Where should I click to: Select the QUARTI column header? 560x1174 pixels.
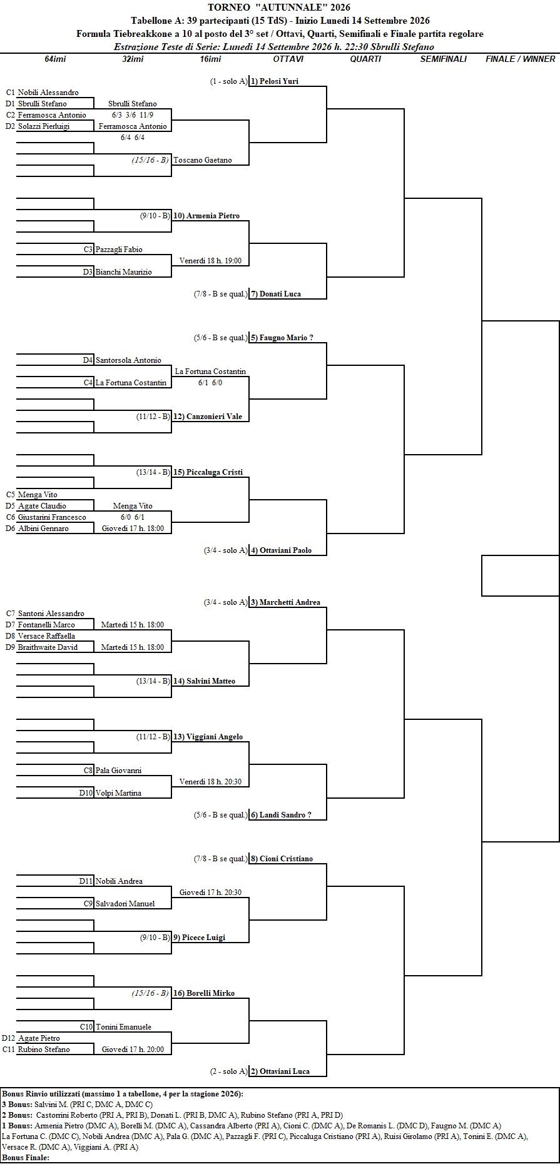(365, 59)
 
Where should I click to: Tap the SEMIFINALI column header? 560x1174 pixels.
(443, 59)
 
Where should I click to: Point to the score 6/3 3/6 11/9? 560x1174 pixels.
(132, 115)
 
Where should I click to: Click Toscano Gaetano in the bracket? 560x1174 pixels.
(202, 160)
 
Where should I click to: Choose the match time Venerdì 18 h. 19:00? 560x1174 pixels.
(210, 261)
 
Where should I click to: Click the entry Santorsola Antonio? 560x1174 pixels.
(128, 360)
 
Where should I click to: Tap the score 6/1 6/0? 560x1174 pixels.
(210, 383)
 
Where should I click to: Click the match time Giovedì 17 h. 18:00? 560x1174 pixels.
(133, 529)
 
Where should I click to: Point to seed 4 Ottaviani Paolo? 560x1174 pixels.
(281, 550)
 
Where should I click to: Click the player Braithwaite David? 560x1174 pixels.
(48, 647)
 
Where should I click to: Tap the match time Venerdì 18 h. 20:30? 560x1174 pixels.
(210, 782)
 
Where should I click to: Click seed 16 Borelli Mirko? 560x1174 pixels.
(204, 993)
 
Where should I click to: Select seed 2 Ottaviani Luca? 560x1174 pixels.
(280, 1071)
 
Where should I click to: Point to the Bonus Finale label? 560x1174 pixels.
(26, 1158)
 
